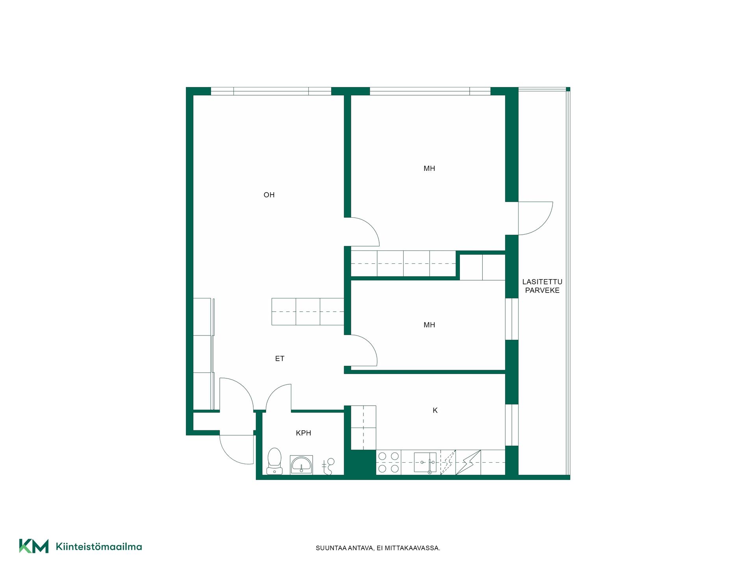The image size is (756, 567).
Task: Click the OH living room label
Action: [269, 195]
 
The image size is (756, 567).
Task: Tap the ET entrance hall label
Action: [280, 359]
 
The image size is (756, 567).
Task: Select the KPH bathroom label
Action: [304, 433]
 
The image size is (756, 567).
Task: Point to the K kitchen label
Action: [435, 410]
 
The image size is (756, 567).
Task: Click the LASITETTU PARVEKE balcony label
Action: [542, 286]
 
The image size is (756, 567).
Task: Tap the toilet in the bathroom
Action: [274, 461]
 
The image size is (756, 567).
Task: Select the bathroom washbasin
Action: [301, 465]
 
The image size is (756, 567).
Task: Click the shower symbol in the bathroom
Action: [328, 467]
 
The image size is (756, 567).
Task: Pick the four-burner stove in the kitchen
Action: [389, 462]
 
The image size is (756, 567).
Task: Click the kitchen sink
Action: [425, 463]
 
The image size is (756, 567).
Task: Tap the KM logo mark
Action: [34, 546]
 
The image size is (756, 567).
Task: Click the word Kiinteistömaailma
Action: [99, 547]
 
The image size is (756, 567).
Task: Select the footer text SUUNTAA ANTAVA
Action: [345, 548]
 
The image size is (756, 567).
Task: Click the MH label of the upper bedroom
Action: [429, 169]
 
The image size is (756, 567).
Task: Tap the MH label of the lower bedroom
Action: [429, 325]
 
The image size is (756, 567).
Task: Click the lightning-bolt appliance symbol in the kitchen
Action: [468, 463]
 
